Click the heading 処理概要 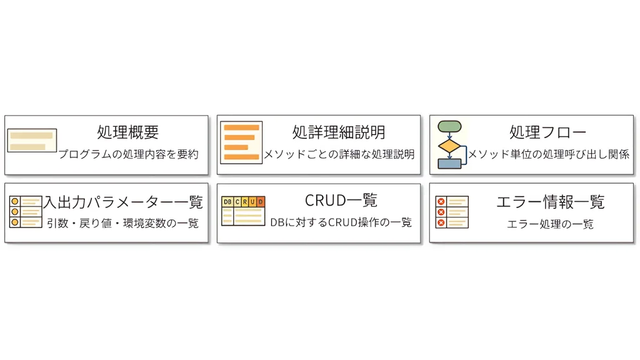click(x=127, y=132)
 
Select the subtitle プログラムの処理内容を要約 click(x=128, y=154)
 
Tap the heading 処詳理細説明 click(x=338, y=132)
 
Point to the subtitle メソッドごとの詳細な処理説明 click(x=339, y=154)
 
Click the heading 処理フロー click(x=547, y=132)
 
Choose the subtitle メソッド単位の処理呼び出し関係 click(x=548, y=154)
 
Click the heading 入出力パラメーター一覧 click(x=122, y=202)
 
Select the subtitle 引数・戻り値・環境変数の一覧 click(x=122, y=222)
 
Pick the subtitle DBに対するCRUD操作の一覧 click(x=341, y=222)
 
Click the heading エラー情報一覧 click(x=550, y=202)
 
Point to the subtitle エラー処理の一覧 click(x=550, y=223)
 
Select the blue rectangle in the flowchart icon click(x=449, y=164)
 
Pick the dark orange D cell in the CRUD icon click(x=260, y=202)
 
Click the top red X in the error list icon click(x=441, y=201)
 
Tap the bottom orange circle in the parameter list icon click(x=14, y=222)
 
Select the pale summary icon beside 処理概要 click(x=32, y=141)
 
